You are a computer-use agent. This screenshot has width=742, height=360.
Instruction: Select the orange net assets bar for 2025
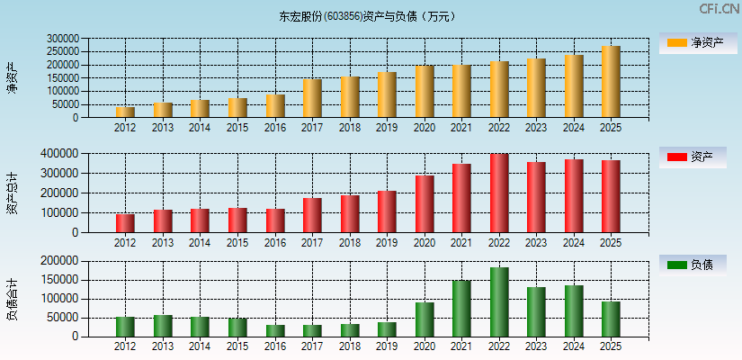point(611,82)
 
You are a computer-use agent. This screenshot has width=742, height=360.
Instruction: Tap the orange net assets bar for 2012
point(125,112)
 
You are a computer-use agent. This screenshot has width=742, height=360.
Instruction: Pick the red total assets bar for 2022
point(499,193)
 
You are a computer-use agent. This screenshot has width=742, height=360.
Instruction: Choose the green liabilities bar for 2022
point(499,302)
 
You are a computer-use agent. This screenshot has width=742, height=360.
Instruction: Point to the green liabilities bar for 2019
point(387,329)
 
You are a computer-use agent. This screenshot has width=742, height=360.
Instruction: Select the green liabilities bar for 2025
point(611,319)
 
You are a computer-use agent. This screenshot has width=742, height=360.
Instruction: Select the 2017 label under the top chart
point(312,128)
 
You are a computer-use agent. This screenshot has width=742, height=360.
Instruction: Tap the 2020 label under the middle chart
point(425,243)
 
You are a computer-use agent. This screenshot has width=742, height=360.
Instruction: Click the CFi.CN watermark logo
point(720,9)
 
